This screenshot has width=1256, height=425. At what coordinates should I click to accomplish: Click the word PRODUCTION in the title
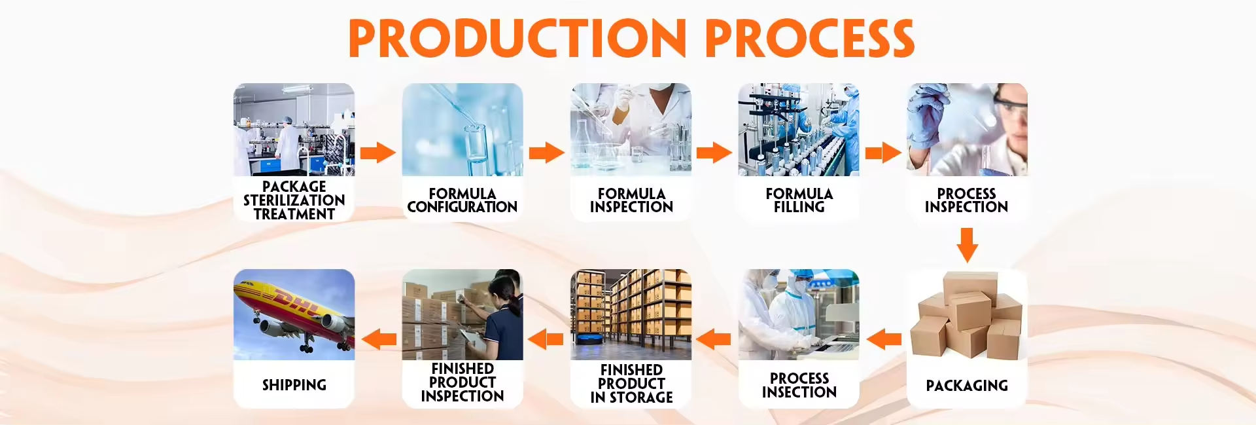point(517,38)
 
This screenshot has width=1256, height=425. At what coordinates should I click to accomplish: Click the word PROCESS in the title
point(810,38)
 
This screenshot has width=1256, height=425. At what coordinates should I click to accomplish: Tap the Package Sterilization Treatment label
point(294,200)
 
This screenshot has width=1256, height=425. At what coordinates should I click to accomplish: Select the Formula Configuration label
point(462,200)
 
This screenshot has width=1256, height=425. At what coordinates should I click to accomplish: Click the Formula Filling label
point(799,200)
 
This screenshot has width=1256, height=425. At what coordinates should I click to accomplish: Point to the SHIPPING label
point(294,385)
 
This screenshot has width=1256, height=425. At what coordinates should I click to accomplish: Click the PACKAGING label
point(967,386)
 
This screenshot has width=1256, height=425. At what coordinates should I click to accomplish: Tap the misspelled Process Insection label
point(799,385)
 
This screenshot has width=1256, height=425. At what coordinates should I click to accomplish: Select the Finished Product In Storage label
point(631,384)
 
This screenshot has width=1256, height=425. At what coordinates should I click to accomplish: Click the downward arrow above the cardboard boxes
point(967,245)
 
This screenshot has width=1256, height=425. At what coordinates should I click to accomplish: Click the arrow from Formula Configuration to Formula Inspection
point(546,153)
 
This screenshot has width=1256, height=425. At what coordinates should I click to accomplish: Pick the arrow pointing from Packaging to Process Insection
point(884,339)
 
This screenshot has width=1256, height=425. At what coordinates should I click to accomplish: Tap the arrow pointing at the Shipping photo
point(379,339)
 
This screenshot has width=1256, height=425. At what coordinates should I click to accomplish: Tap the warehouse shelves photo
point(631,314)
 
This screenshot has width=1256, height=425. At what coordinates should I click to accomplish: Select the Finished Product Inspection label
point(462,382)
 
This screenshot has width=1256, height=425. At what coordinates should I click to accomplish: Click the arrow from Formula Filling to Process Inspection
point(883,153)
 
